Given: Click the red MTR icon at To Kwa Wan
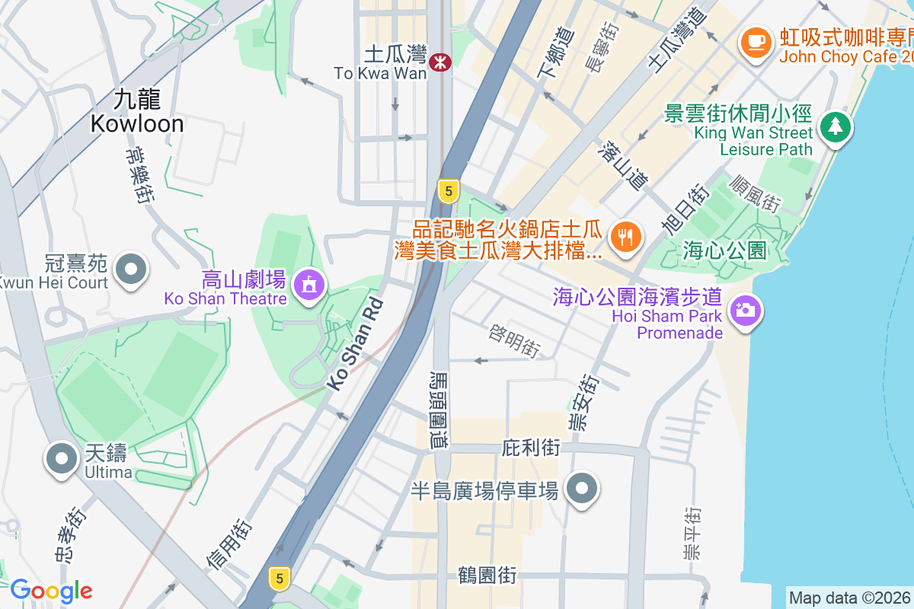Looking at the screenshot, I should (x=439, y=62).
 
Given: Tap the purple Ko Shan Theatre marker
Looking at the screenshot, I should (x=308, y=285).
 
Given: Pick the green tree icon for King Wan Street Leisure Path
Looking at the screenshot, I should (x=836, y=126).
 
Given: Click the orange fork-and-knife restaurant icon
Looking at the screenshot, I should (x=625, y=236).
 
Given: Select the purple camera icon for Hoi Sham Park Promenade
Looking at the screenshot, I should (x=744, y=310).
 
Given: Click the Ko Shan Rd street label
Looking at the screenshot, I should (x=356, y=344).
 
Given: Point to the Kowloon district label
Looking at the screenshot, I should (x=137, y=112).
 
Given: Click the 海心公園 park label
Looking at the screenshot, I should (x=724, y=250).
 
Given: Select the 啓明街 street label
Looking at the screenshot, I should (x=515, y=340).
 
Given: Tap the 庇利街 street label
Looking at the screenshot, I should (x=531, y=448).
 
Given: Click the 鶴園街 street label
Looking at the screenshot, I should (x=487, y=575).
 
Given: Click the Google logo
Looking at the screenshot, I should (x=51, y=591).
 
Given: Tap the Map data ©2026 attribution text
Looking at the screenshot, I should (x=849, y=598).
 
